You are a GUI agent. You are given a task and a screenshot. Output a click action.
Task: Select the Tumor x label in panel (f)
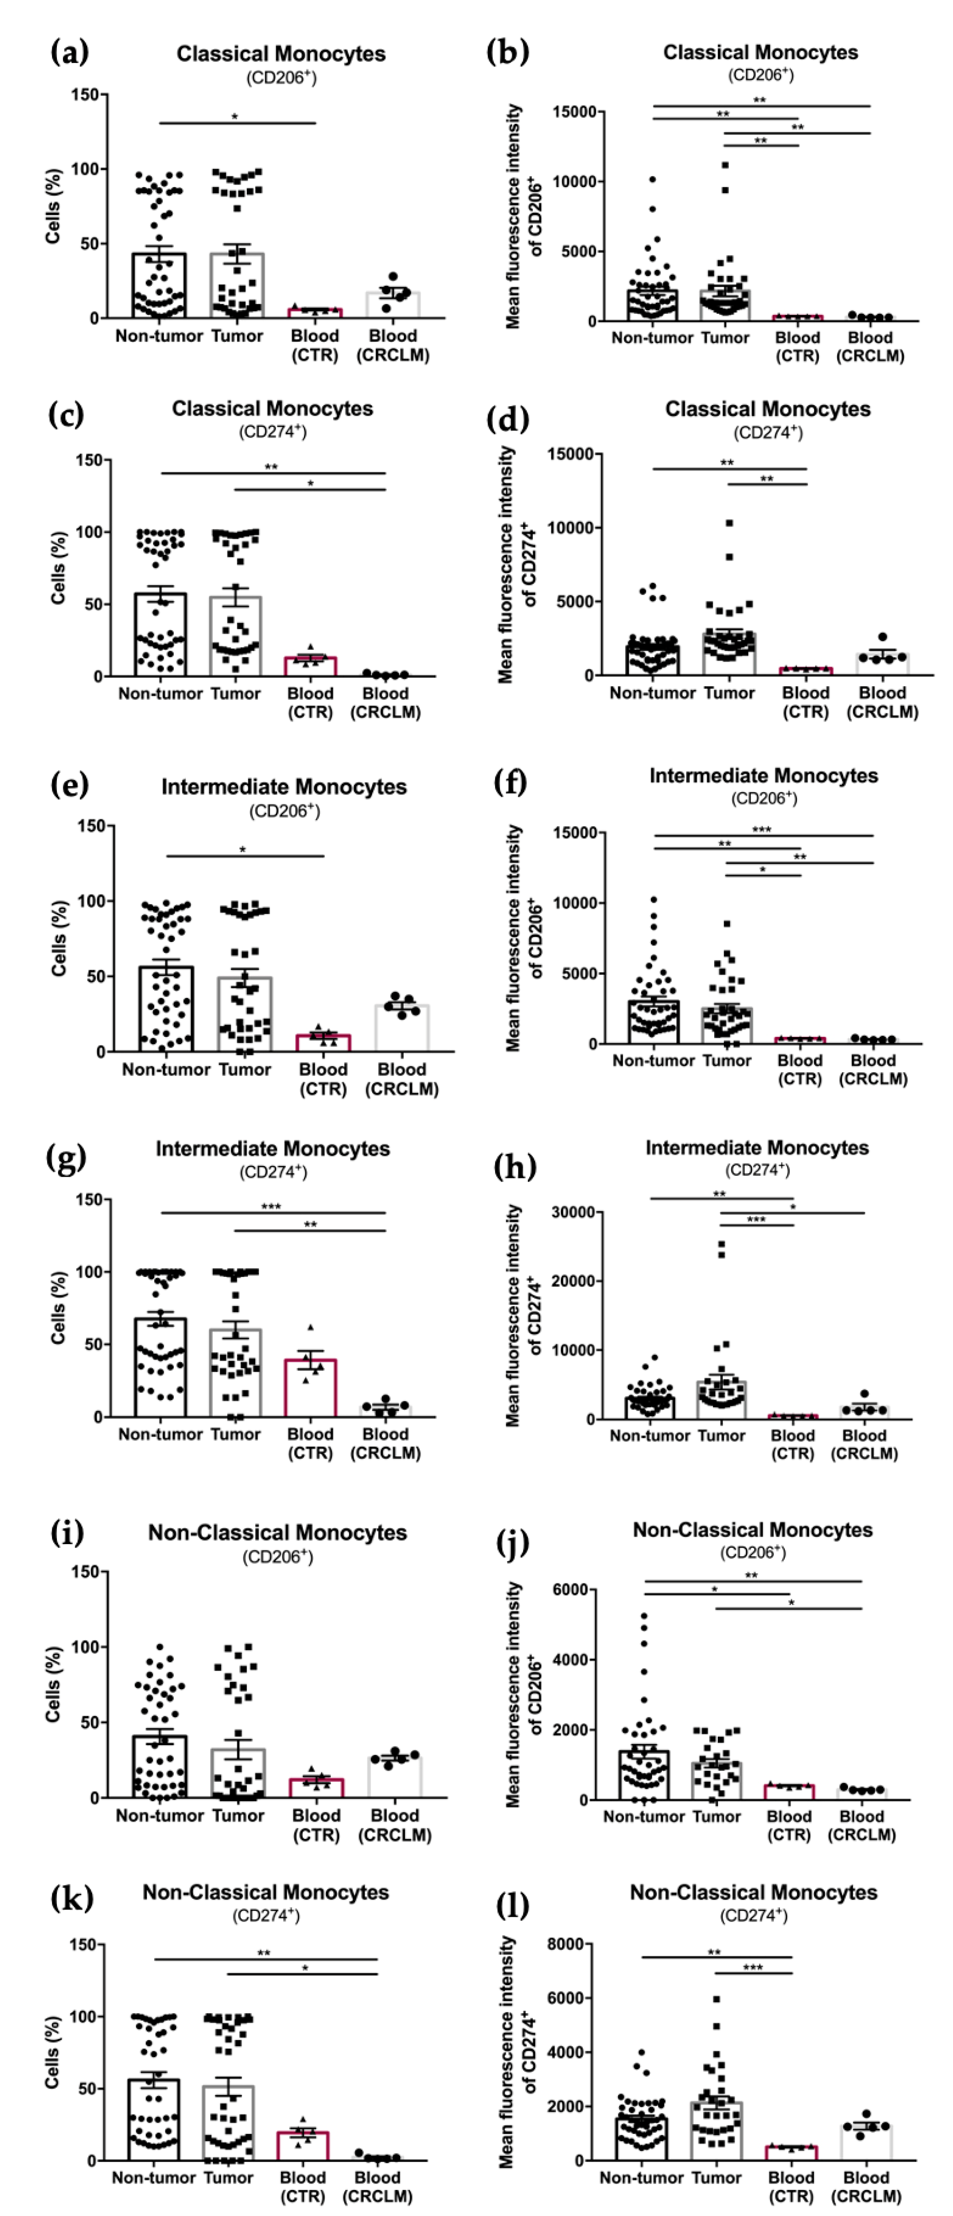coord(727,1061)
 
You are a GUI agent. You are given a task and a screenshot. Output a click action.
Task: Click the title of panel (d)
coord(767,409)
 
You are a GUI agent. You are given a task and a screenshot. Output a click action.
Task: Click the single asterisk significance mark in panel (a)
coord(235,117)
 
